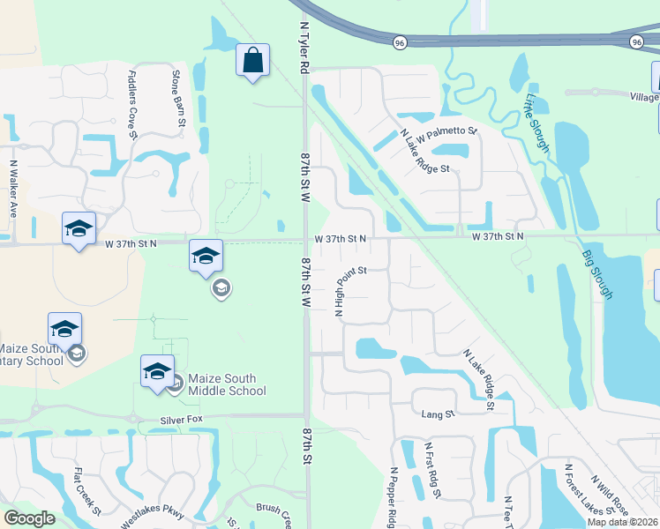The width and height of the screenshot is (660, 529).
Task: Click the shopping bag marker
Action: pos(252,62)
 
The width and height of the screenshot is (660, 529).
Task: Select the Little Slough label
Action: pos(537,123)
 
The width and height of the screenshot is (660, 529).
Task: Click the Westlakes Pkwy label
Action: pos(154,513)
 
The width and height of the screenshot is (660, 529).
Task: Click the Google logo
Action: pos(30,518)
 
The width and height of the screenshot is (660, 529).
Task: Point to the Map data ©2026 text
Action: pos(623,522)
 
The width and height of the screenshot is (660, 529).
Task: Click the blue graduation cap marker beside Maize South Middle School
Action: pos(156,370)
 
